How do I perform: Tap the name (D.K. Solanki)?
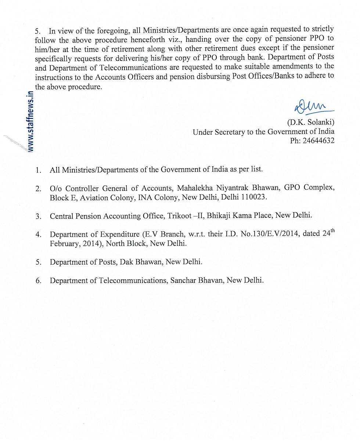click(x=311, y=122)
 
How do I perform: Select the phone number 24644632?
click(x=318, y=141)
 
